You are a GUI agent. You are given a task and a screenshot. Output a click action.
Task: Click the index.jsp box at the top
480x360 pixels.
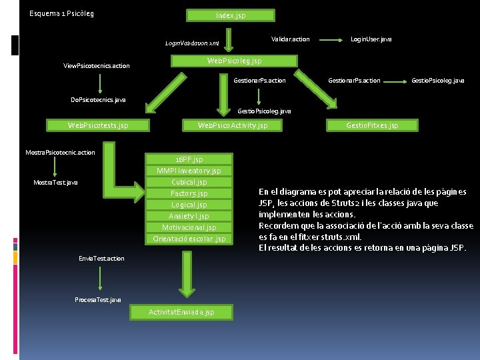coord(230,15)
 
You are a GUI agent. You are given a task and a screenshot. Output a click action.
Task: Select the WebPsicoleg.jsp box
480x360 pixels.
coord(234,61)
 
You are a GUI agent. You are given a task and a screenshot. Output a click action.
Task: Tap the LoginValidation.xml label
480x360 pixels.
coord(192,43)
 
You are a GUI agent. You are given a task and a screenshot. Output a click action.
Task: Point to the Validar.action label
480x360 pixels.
coord(291,39)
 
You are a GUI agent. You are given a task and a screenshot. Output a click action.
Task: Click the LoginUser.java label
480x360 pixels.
coord(371,39)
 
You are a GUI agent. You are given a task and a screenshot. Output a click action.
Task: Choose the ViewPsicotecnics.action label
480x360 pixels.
coord(97,66)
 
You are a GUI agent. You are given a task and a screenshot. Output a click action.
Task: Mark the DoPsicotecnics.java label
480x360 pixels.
coord(98,100)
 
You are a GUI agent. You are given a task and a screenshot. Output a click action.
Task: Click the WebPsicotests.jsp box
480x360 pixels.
coord(98,125)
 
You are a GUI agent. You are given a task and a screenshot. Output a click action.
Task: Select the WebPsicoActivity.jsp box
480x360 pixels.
coord(233,125)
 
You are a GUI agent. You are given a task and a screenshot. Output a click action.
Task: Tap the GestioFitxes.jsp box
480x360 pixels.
coord(372,125)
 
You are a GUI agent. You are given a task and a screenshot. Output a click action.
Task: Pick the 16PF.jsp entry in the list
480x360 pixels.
coord(189,159)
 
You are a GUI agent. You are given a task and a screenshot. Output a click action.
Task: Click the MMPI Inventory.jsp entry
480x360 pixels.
coord(189,171)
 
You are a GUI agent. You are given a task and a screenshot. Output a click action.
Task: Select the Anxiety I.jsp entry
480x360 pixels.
coord(189,216)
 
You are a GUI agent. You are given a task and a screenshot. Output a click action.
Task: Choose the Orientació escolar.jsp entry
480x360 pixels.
coord(189,239)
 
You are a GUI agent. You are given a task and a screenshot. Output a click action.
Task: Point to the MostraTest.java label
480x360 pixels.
coord(55,182)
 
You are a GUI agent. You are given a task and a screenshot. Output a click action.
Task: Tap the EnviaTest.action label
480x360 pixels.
coord(101,258)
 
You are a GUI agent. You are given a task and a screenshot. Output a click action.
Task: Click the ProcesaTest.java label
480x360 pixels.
coord(98,299)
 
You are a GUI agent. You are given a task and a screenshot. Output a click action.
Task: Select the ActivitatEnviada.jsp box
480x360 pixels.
coord(181,312)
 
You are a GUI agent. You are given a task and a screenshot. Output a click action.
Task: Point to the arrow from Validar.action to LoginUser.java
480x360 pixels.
coord(330,39)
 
